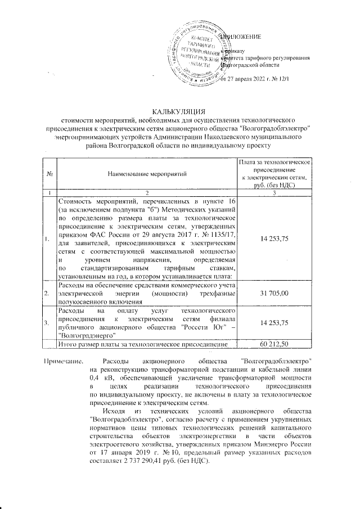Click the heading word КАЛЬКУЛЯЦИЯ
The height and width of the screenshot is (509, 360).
pos(179,111)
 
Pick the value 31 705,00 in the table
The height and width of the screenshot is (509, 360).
pos(274,293)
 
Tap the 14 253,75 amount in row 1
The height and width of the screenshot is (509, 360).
pos(274,238)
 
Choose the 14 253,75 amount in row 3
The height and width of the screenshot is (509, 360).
pos(274,322)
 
